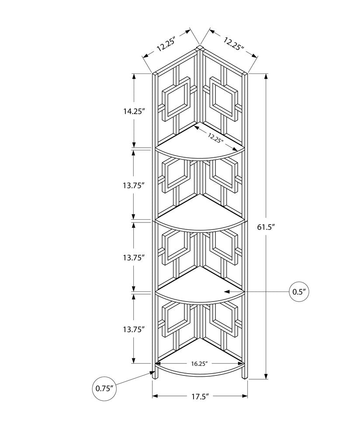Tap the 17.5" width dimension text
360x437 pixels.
pyautogui.click(x=200, y=396)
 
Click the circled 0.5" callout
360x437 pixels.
pyautogui.click(x=299, y=291)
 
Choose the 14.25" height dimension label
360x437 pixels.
pyautogui.click(x=134, y=111)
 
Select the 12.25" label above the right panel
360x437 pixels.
pyautogui.click(x=233, y=44)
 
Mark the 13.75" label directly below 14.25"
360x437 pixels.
pyautogui.click(x=134, y=185)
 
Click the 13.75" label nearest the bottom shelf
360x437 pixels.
pyautogui.click(x=134, y=330)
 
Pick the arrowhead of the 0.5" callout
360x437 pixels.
pyautogui.click(x=226, y=291)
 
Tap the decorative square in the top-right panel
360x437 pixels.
pyautogui.click(x=223, y=99)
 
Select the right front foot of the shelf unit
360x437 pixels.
pyautogui.click(x=245, y=373)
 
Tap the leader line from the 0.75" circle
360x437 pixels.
pyautogui.click(x=133, y=380)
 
